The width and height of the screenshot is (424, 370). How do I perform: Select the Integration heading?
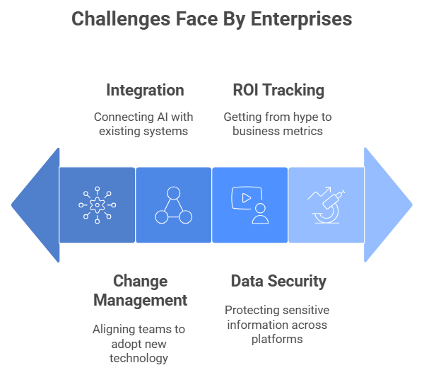coord(145,90)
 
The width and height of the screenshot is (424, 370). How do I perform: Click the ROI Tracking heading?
coord(278,90)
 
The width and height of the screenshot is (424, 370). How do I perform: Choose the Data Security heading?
coord(278,281)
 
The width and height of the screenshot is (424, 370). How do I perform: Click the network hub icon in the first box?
coord(98,205)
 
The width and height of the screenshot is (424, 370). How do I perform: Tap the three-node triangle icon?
coord(174,205)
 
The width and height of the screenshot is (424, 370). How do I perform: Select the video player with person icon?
coord(250,205)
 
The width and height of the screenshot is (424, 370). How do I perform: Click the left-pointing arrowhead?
coord(35,205)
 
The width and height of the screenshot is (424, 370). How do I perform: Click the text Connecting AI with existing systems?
coord(145,124)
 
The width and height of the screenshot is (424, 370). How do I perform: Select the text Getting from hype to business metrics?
coord(278,124)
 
